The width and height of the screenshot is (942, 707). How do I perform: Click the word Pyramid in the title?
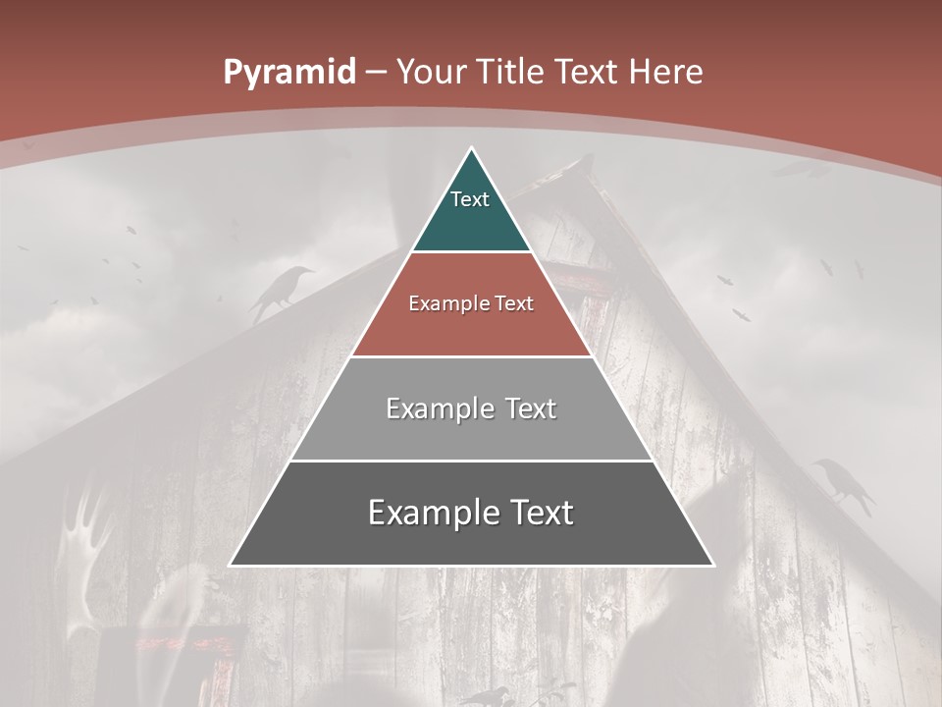point(288,73)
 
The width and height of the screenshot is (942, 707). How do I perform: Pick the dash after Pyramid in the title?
point(376,73)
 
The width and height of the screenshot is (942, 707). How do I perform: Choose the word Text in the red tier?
point(514,303)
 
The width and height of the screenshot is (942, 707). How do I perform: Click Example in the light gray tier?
point(439,408)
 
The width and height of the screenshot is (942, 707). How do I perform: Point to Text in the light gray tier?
point(532,408)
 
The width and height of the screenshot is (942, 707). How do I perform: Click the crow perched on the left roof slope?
point(280,289)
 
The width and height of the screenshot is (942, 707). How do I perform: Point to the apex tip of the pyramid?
point(471,149)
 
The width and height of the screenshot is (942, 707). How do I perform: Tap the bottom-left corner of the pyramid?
point(231,565)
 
